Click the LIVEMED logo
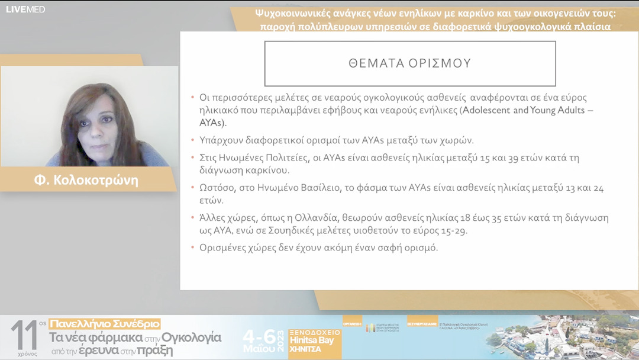pyautogui.click(x=25, y=9)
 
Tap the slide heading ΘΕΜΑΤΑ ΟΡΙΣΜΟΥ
pyautogui.click(x=409, y=63)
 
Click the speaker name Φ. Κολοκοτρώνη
pyautogui.click(x=86, y=180)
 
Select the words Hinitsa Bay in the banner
pyautogui.click(x=312, y=340)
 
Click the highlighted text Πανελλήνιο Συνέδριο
pyautogui.click(x=105, y=324)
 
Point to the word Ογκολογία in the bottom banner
pyautogui.click(x=192, y=337)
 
